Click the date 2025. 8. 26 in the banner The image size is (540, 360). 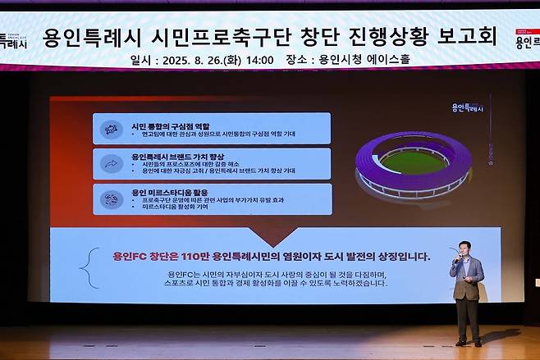(x=202, y=60)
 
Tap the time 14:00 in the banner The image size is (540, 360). (x=259, y=60)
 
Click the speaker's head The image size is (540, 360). (x=465, y=248)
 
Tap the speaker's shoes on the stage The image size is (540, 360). (x=468, y=341)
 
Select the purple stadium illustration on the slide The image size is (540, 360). (x=413, y=165)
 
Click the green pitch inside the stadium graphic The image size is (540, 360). (x=413, y=160)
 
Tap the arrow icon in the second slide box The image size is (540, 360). (x=110, y=164)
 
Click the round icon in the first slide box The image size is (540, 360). (x=110, y=130)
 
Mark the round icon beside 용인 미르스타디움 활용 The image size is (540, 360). (x=110, y=198)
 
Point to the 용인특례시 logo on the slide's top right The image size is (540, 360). (x=469, y=107)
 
